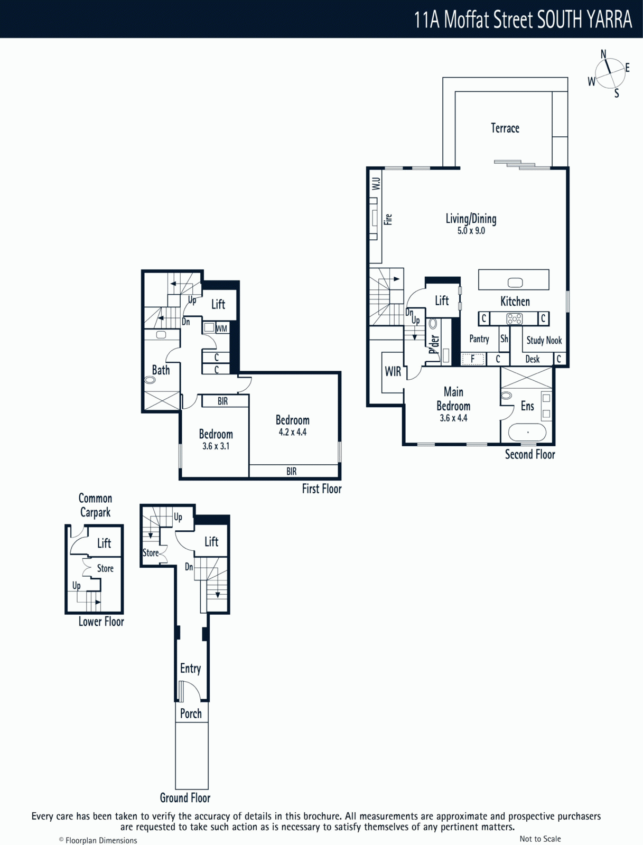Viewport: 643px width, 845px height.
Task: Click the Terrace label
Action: pos(505,128)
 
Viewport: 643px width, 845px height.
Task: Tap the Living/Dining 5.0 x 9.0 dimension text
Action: pos(471,231)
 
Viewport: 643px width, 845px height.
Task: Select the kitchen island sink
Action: pos(515,283)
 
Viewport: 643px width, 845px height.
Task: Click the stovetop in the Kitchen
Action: pos(515,319)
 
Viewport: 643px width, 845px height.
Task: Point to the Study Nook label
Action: pos(544,340)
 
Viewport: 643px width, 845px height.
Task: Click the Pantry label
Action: pos(479,339)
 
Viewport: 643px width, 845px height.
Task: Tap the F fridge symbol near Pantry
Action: pos(472,359)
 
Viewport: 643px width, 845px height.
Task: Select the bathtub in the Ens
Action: pos(527,433)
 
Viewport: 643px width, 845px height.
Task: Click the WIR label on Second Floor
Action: pos(393,371)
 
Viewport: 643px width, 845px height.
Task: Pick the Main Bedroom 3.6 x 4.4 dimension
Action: pos(453,418)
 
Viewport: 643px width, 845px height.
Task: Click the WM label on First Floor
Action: pos(221,329)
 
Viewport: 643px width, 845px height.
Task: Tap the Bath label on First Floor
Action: pos(161,370)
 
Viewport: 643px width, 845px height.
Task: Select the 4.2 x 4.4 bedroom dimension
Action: pos(293,432)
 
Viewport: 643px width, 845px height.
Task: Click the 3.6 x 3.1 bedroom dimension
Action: pos(216,446)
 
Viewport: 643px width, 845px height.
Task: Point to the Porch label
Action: pos(191,713)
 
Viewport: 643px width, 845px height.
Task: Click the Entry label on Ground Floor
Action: pos(190,668)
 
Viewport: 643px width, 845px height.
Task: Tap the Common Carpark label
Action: pos(95,505)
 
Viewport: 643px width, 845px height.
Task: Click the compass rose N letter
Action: pos(603,54)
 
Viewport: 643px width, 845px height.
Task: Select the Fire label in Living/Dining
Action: pos(388,219)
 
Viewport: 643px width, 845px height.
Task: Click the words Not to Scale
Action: pos(540,839)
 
